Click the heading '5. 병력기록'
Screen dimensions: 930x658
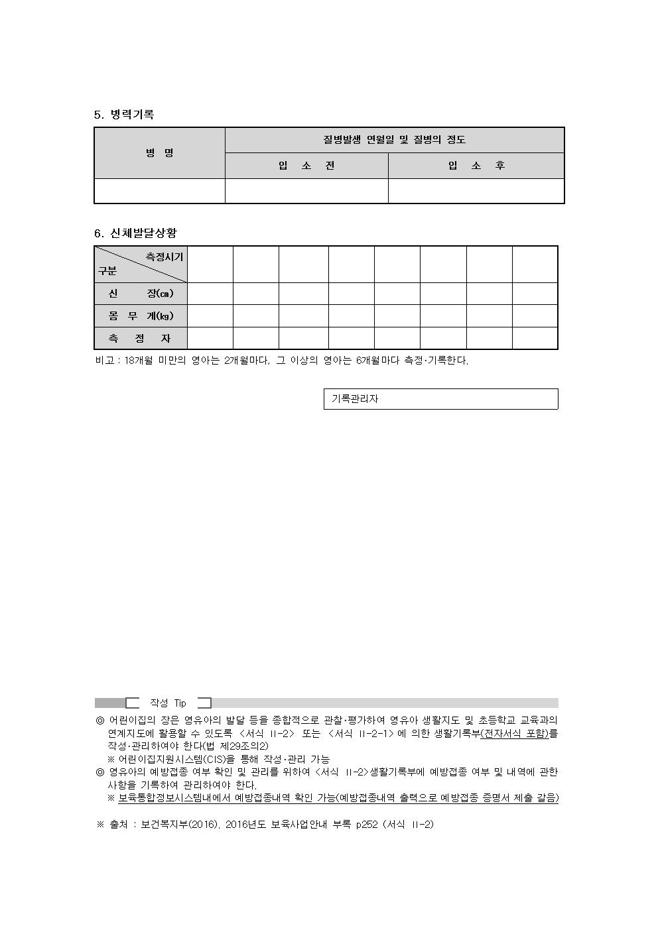pos(124,115)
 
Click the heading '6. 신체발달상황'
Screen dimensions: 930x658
pos(135,233)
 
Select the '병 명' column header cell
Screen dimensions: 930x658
pos(160,153)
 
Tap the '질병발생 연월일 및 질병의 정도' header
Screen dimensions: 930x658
pos(395,140)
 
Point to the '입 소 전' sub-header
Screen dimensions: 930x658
pos(306,166)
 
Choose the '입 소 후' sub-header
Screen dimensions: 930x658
pos(476,166)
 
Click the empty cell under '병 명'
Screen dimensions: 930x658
pos(160,191)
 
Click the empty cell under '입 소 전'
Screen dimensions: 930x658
pos(306,191)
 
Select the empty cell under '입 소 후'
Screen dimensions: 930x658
pos(476,191)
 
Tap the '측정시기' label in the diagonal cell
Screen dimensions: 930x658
pos(164,257)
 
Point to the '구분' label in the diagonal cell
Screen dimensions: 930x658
pos(107,271)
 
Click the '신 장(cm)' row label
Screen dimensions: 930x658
pos(141,294)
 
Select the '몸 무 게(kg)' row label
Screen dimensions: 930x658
pos(141,316)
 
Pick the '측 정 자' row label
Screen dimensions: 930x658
pos(141,339)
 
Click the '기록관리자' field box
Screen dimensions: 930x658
pos(440,399)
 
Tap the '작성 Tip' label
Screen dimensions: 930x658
pos(168,703)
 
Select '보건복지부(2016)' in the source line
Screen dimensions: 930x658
pos(179,825)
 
